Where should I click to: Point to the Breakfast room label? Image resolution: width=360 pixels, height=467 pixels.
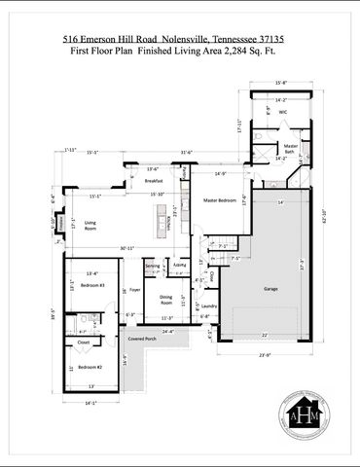click(x=154, y=181)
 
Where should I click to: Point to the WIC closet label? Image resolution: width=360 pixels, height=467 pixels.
click(x=283, y=112)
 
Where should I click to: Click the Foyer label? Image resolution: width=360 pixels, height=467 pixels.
click(x=135, y=289)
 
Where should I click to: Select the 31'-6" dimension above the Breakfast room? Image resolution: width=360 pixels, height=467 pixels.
click(x=186, y=152)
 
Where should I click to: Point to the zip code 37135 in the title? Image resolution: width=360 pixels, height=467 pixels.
click(x=273, y=39)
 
